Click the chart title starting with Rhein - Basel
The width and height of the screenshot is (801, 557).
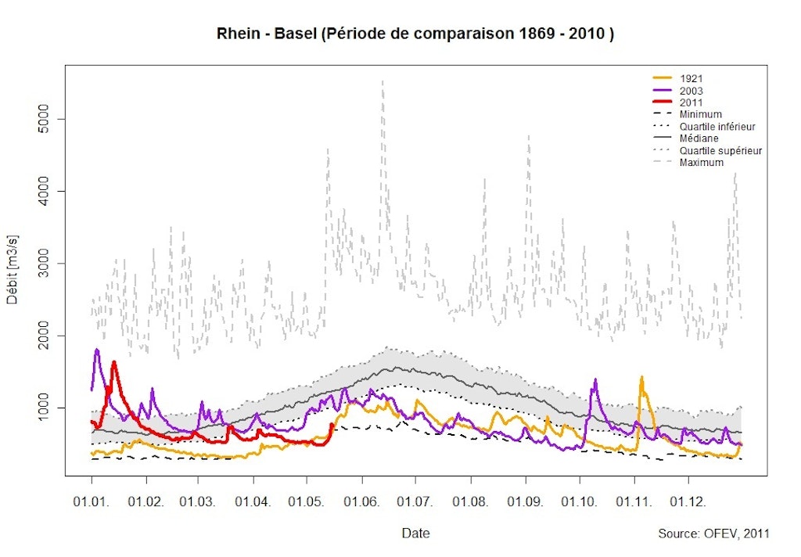(x=414, y=35)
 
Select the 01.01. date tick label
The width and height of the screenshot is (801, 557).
(x=92, y=500)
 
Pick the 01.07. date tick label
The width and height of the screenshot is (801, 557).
(x=415, y=500)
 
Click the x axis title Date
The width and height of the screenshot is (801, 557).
(x=415, y=534)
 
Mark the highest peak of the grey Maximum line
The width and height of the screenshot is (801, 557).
(x=383, y=81)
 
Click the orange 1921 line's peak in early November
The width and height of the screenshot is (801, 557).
(x=641, y=377)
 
